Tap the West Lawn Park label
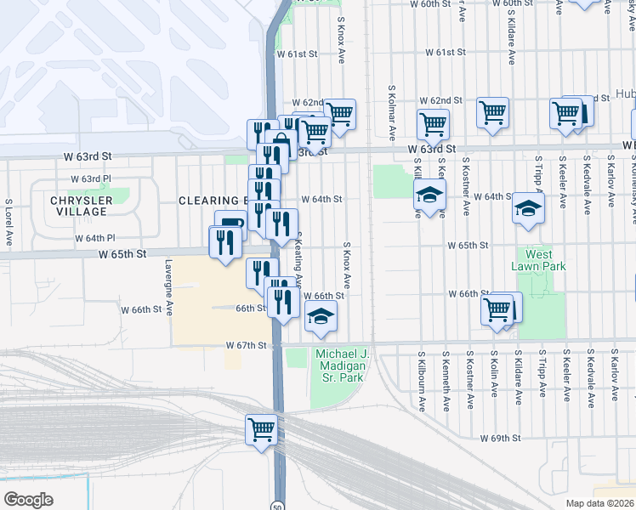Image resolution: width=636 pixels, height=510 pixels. pos(539,260)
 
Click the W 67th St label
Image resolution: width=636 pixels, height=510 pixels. pos(247,345)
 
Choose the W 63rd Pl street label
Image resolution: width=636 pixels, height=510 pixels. pos(91,179)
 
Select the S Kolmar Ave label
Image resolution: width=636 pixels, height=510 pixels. pos(392,112)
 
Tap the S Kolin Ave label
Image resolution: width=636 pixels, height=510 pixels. pos(494,374)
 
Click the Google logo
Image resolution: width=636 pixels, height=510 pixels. pos(28,500)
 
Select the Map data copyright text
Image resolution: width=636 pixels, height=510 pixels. pos(599,503)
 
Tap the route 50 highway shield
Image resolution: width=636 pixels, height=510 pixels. pos(278,505)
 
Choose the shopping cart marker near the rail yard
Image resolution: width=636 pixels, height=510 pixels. pos(262,428)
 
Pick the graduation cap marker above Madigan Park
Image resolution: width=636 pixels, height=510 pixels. pos(321,317)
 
